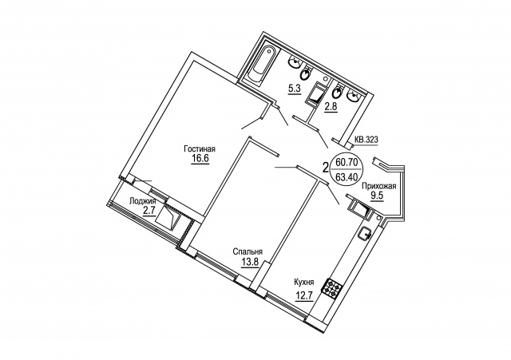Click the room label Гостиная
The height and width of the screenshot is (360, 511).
[x=200, y=149]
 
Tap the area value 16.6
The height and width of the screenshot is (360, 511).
[x=200, y=159]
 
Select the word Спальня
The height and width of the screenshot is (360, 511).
[x=248, y=251]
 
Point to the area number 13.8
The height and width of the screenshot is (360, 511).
[x=250, y=262]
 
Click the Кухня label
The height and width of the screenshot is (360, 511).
[x=303, y=282]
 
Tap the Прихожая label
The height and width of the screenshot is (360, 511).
[x=379, y=186]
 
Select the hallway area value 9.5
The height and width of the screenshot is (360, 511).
[x=376, y=196]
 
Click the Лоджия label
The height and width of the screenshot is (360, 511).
[x=143, y=201]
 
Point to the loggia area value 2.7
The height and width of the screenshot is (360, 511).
[x=149, y=211]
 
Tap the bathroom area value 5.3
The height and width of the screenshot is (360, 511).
[x=294, y=88]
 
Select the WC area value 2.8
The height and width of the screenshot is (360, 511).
[x=330, y=106]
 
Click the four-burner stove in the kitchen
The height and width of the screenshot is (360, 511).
[x=332, y=289]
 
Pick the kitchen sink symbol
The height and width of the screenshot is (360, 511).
[x=366, y=233]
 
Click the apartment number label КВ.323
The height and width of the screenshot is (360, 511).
[x=366, y=140]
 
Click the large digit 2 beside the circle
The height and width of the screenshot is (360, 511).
[x=325, y=168]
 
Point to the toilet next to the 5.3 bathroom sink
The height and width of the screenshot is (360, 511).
[x=306, y=73]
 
